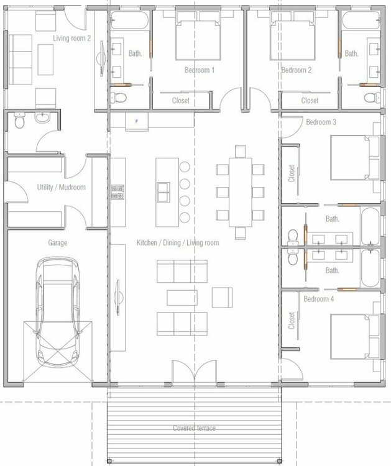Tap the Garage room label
(58, 243)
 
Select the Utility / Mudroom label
(62, 187)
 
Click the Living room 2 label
(72, 38)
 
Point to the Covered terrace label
(194, 428)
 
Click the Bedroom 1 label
(200, 70)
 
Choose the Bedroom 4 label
(319, 299)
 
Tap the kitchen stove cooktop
(117, 192)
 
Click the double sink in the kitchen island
(163, 192)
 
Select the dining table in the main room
(241, 192)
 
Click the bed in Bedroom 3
(355, 158)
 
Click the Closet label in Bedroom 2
(310, 101)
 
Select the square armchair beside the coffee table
(222, 298)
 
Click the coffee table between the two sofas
(182, 298)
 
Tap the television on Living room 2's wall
(101, 58)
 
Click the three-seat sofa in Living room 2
(21, 60)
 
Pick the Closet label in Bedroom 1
(181, 101)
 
